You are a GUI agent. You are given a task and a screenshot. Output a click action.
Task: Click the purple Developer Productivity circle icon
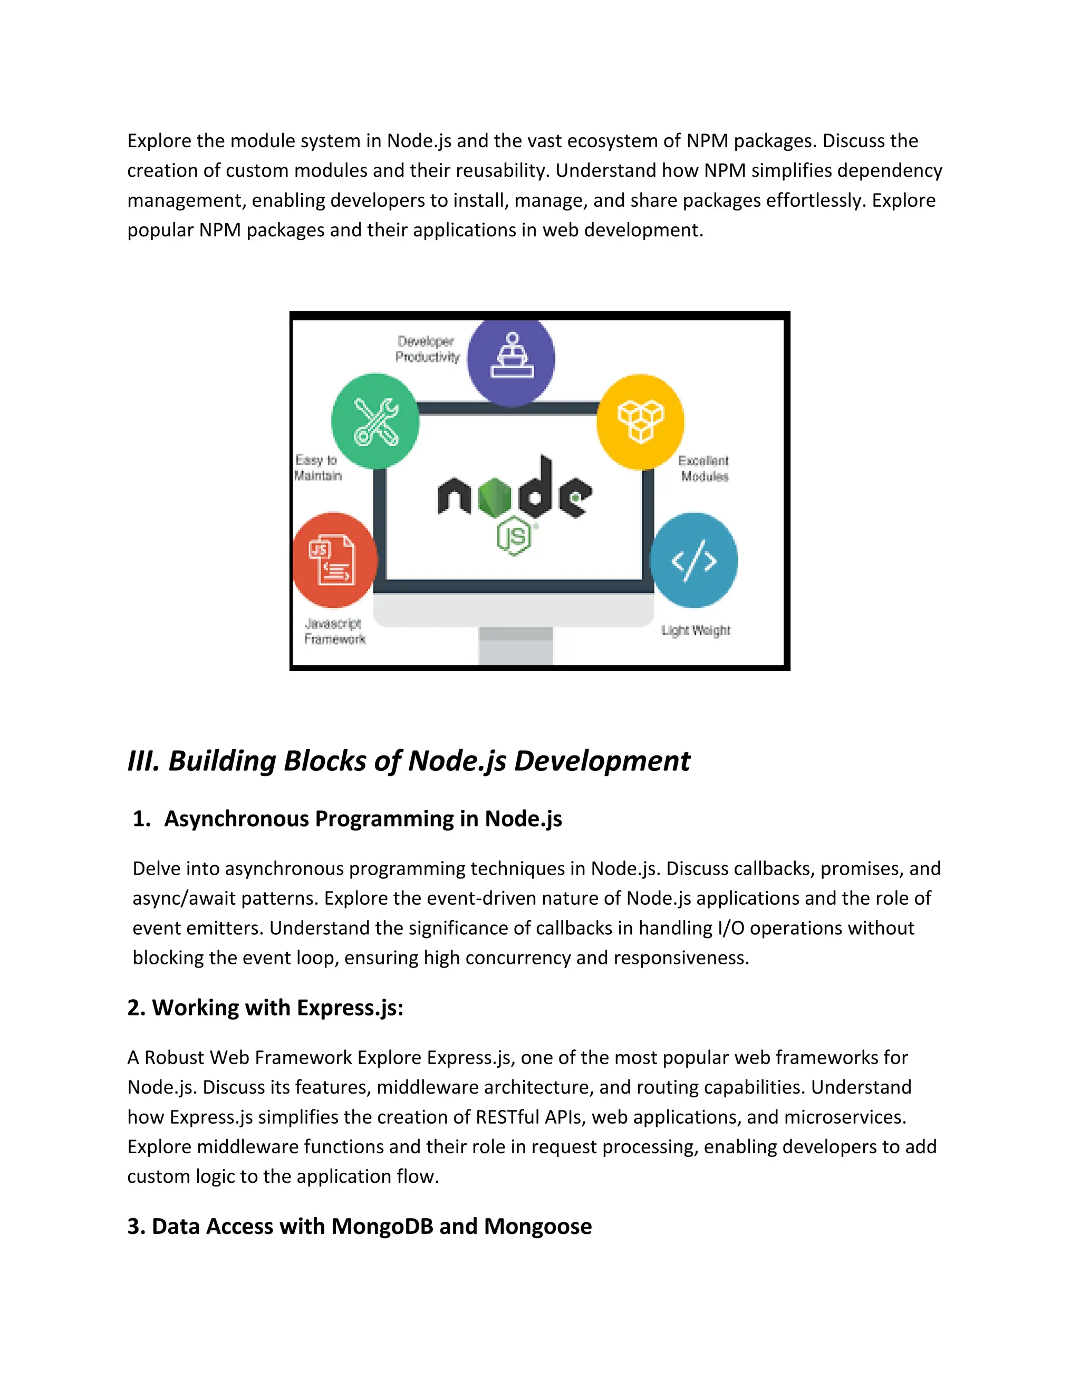click(x=510, y=360)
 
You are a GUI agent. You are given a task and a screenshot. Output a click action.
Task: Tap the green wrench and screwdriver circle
click(x=375, y=420)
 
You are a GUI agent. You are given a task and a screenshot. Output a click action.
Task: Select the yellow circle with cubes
click(x=640, y=421)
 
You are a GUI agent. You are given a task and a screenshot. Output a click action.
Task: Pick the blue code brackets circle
click(x=694, y=560)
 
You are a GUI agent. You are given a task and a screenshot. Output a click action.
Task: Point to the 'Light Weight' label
click(x=696, y=630)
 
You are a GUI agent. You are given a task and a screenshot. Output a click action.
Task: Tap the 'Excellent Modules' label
click(x=704, y=468)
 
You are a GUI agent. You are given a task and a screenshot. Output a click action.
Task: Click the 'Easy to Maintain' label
click(x=317, y=468)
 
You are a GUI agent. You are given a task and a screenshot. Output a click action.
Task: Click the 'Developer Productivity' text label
click(x=427, y=349)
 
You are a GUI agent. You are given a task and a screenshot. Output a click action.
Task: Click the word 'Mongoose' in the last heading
click(x=537, y=1226)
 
